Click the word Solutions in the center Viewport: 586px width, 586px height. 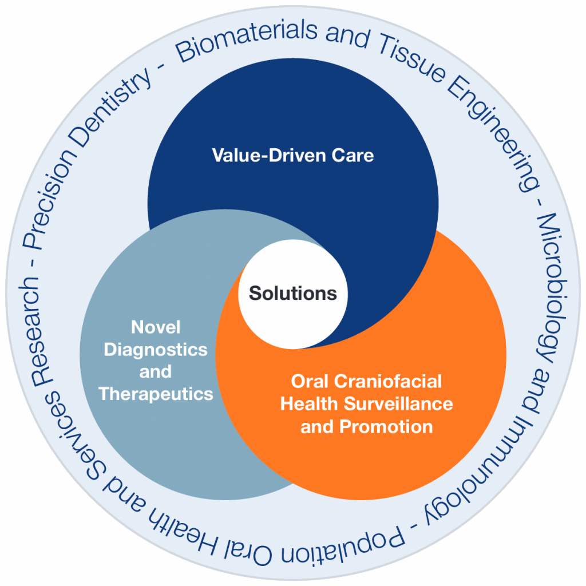pyautogui.click(x=293, y=294)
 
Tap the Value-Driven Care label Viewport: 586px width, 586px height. pyautogui.click(x=293, y=155)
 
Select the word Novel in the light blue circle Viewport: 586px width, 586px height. pyautogui.click(x=156, y=327)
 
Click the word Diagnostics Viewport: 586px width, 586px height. pyautogui.click(x=156, y=350)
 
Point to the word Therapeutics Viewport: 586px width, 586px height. pyautogui.click(x=156, y=394)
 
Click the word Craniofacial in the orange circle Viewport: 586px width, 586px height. pyautogui.click(x=388, y=382)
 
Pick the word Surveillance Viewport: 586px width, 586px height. pyautogui.click(x=398, y=403)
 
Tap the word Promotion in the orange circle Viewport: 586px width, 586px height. pyautogui.click(x=386, y=427)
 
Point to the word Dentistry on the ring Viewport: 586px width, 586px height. pyautogui.click(x=112, y=108)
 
